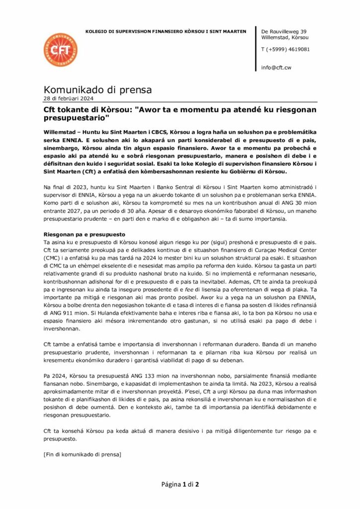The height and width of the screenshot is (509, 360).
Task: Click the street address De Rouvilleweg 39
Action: tap(283, 31)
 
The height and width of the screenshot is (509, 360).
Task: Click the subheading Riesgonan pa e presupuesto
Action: tap(84, 234)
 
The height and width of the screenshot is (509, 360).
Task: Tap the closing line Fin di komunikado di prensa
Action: tap(83, 454)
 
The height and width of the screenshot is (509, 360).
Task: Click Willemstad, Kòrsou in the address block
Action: tap(284, 37)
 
